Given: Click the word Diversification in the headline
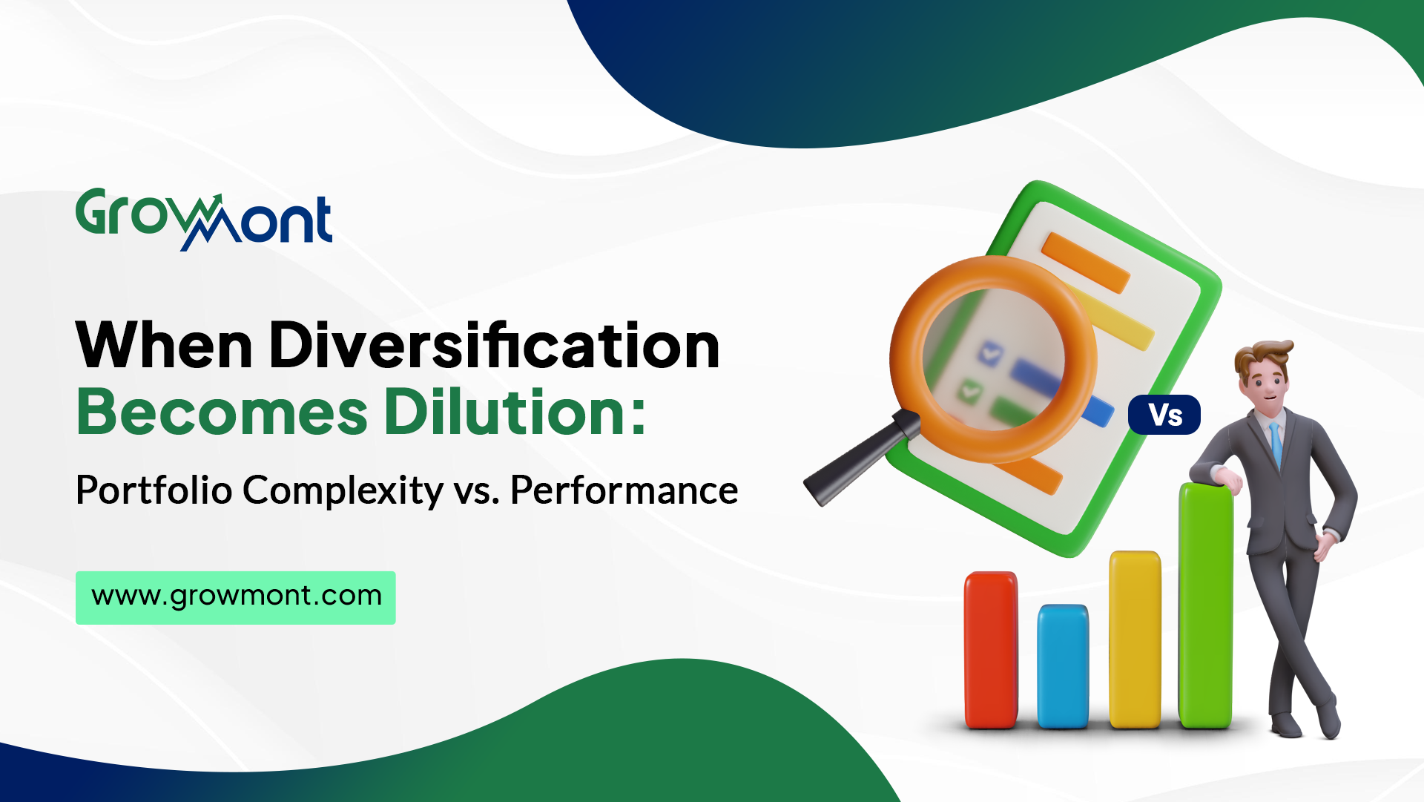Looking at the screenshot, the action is coord(494,345).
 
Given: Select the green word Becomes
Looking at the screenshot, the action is coord(222,412).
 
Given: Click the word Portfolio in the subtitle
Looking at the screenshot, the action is coord(154,490).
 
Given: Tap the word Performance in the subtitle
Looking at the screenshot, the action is coord(624,490).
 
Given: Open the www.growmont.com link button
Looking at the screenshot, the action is coord(236,597).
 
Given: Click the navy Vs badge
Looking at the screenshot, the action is coord(1164,415).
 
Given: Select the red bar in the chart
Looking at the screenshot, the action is coord(991,650).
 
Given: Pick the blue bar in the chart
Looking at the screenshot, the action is coord(1063,666).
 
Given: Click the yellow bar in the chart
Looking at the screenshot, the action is coord(1135,640).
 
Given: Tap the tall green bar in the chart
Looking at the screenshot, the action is coord(1206,605).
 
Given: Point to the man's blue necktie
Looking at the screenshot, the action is coord(1276,444).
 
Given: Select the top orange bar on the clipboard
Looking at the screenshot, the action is coord(1086,263).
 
